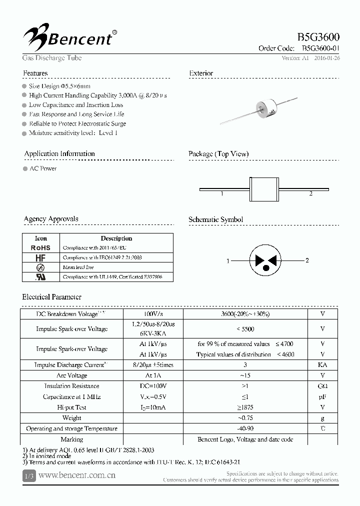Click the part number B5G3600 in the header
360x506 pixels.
(318, 37)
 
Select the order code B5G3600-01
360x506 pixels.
(321, 48)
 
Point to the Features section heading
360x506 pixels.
(35, 73)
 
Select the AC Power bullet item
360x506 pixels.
(42, 168)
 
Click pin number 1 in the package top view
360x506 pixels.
(221, 193)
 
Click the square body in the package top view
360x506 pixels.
(265, 189)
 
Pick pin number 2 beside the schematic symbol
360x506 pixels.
(307, 260)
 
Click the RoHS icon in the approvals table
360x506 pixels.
(40, 248)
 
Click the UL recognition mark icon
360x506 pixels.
(40, 276)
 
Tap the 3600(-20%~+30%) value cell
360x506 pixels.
(245, 314)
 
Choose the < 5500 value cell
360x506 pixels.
(245, 329)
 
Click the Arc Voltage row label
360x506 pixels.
(71, 375)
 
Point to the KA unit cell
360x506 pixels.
(322, 365)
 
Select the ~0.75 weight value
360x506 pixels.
(245, 418)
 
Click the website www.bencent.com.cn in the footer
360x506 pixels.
(76, 475)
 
